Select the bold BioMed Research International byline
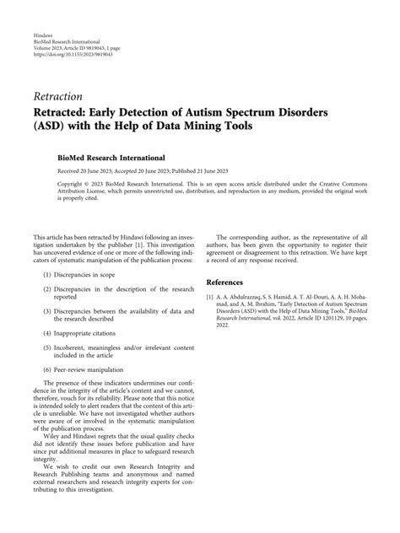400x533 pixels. coord(105,158)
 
